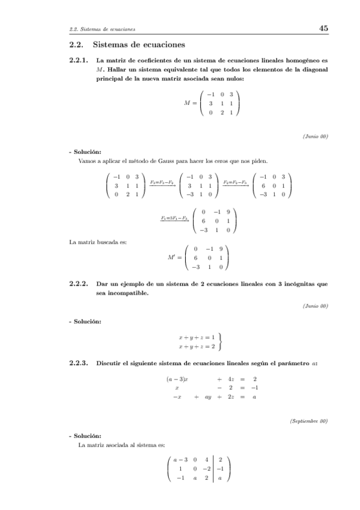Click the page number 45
[323, 28]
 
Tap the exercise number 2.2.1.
[79, 61]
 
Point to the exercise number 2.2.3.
[79, 363]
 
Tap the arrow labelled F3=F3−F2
[162, 183]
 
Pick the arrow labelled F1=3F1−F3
[175, 218]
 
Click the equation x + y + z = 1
[197, 337]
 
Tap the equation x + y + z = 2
[197, 347]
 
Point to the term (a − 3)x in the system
[177, 379]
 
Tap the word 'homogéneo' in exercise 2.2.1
[305, 61]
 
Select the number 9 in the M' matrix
[221, 248]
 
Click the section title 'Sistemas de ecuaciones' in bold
[132, 45]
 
